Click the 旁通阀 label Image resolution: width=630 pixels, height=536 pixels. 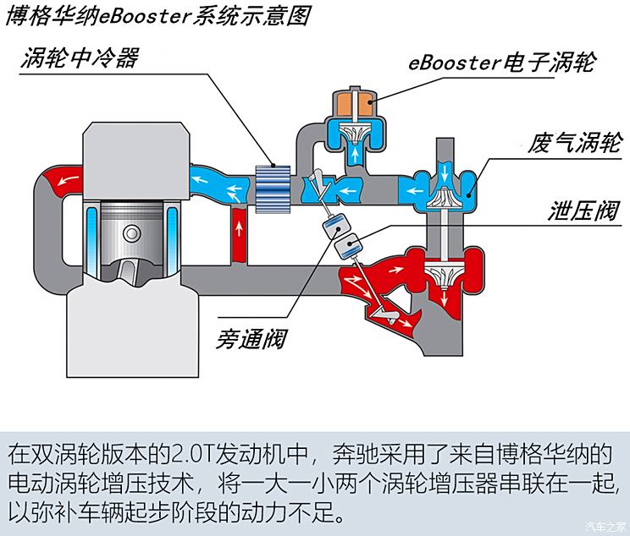250,339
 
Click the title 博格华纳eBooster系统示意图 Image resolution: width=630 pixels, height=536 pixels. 157,16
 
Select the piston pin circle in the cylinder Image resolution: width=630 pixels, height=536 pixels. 133,232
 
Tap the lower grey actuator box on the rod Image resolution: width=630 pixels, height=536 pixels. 345,246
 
